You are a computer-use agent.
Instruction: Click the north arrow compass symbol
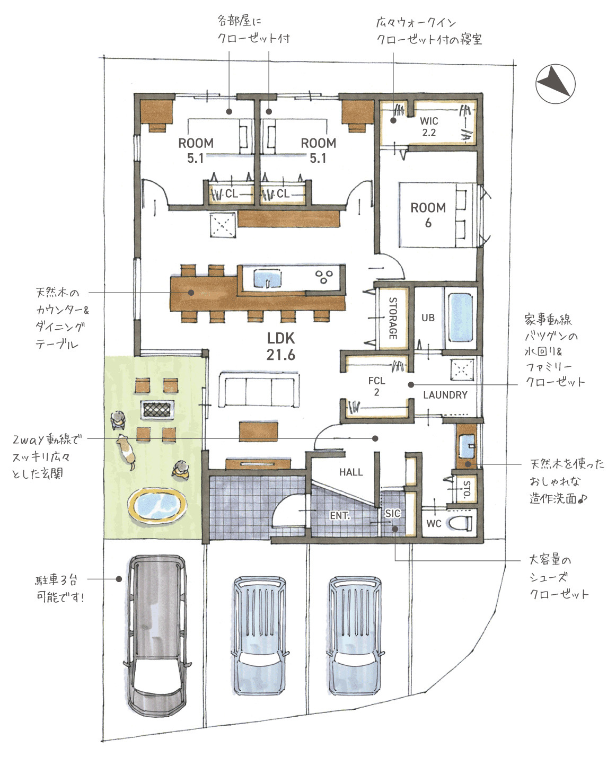(x=555, y=84)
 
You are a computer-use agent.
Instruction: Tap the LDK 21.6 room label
(x=281, y=347)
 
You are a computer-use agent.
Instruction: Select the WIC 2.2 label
(x=429, y=127)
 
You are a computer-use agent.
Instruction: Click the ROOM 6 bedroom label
(x=428, y=215)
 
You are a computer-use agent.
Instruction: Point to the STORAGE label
(x=393, y=318)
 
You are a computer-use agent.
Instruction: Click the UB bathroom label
(x=428, y=318)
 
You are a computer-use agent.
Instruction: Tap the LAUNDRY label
(x=445, y=395)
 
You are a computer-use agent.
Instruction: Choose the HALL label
(x=351, y=472)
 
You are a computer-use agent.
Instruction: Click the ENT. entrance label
(x=340, y=515)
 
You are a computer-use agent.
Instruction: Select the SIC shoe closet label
(x=393, y=513)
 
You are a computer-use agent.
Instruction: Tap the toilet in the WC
(x=461, y=523)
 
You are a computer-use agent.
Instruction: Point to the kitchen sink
(x=268, y=278)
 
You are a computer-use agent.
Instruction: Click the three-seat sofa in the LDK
(x=259, y=389)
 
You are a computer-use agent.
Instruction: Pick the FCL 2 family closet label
(x=377, y=386)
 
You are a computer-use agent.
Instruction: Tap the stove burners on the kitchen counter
(x=324, y=277)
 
